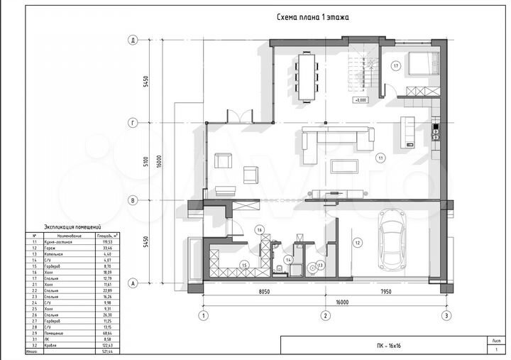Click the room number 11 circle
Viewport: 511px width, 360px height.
pos(380,158)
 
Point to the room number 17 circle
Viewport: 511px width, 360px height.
pos(395,66)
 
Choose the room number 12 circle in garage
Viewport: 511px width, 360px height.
pos(358,244)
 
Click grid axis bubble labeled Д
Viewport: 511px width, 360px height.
pos(132,40)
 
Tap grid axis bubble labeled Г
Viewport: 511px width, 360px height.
pos(132,123)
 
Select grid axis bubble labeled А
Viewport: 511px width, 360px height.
pos(132,283)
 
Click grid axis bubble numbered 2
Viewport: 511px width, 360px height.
pos(325,315)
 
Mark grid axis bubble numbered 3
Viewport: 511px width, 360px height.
pos(446,315)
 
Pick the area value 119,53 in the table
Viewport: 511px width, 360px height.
pos(104,241)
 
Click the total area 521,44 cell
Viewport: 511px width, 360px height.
pos(104,351)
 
